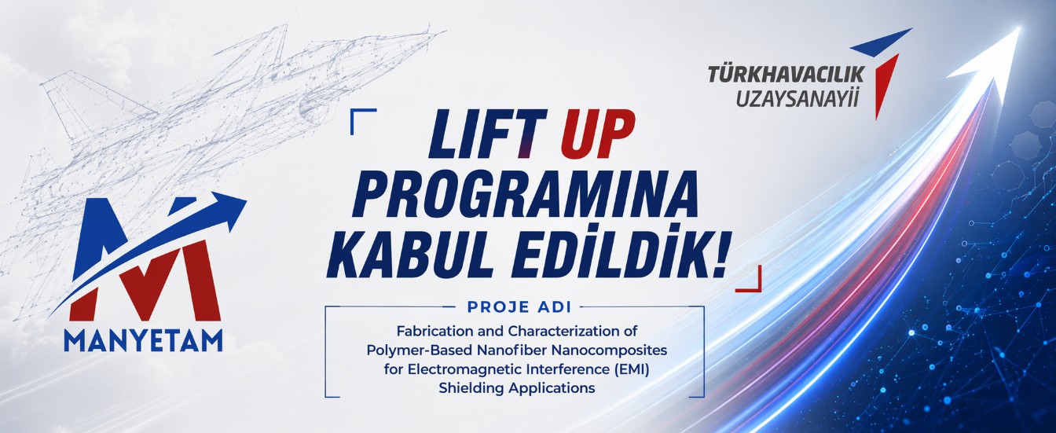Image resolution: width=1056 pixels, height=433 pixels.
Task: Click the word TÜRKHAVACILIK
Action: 786,75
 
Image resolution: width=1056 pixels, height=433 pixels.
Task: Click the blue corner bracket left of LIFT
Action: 361,118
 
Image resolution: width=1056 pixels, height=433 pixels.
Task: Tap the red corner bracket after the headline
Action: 750,280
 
